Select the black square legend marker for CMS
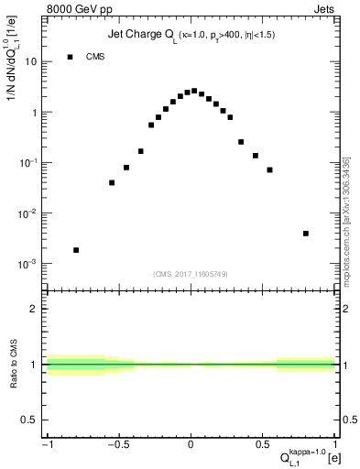click(70, 57)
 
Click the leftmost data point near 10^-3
click(76, 250)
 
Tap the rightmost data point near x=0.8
click(305, 234)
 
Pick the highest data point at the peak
click(194, 91)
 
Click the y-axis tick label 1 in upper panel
click(34, 113)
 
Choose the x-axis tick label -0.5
click(117, 445)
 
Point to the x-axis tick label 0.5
click(263, 445)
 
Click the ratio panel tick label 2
click(34, 310)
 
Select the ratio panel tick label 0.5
click(30, 420)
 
